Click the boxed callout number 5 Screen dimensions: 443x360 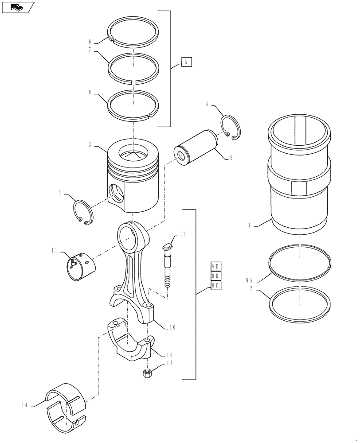point(187,62)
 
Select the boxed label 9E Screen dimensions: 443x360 point(215,266)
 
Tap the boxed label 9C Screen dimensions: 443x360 point(215,286)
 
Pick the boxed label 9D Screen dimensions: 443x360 point(215,276)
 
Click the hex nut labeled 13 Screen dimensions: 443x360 point(147,373)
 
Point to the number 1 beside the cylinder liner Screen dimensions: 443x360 point(250,225)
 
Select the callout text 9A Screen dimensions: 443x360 point(249,280)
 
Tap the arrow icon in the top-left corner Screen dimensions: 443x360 point(17,7)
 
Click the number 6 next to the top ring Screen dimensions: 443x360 point(90,42)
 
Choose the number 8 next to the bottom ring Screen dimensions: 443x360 point(90,93)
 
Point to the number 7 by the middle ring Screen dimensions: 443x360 point(90,50)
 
